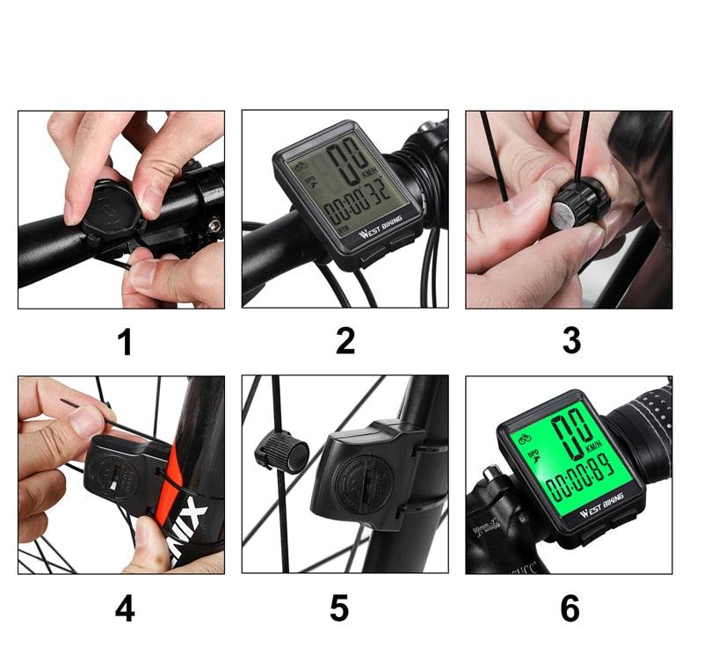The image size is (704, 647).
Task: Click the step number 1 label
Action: point(126,342)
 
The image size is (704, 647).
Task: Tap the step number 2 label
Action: point(345,342)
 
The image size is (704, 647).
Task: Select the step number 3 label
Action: point(571,342)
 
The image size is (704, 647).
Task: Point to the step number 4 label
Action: point(125,608)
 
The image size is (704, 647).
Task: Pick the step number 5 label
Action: point(339,608)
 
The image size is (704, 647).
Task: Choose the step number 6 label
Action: point(570,608)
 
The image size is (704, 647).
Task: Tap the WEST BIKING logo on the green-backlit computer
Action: point(601,505)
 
